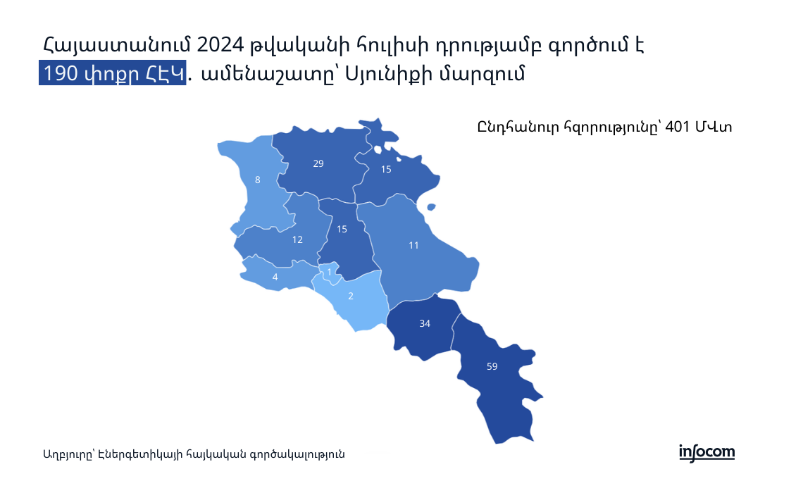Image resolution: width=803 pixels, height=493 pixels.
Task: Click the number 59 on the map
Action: pyautogui.click(x=492, y=366)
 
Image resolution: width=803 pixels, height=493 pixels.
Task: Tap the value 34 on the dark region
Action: pyautogui.click(x=425, y=323)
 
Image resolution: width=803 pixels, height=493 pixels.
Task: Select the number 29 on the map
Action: pyautogui.click(x=318, y=164)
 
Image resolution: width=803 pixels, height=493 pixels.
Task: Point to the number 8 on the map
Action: pyautogui.click(x=258, y=180)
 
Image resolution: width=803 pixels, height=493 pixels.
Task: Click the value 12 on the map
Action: pyautogui.click(x=297, y=239)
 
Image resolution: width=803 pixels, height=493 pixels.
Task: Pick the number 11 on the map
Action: pyautogui.click(x=413, y=246)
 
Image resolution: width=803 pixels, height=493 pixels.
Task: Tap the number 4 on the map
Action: pyautogui.click(x=275, y=277)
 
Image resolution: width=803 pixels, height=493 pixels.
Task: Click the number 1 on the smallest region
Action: pyautogui.click(x=329, y=272)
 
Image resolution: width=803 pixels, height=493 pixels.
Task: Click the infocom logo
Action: pyautogui.click(x=706, y=453)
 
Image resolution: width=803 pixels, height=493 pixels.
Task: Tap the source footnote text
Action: pyautogui.click(x=194, y=454)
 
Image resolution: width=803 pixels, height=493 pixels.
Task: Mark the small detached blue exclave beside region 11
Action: pyautogui.click(x=430, y=207)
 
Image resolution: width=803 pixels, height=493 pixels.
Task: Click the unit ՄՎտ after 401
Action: pyautogui.click(x=714, y=127)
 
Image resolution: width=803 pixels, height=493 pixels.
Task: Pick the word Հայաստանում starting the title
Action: pyautogui.click(x=117, y=46)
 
